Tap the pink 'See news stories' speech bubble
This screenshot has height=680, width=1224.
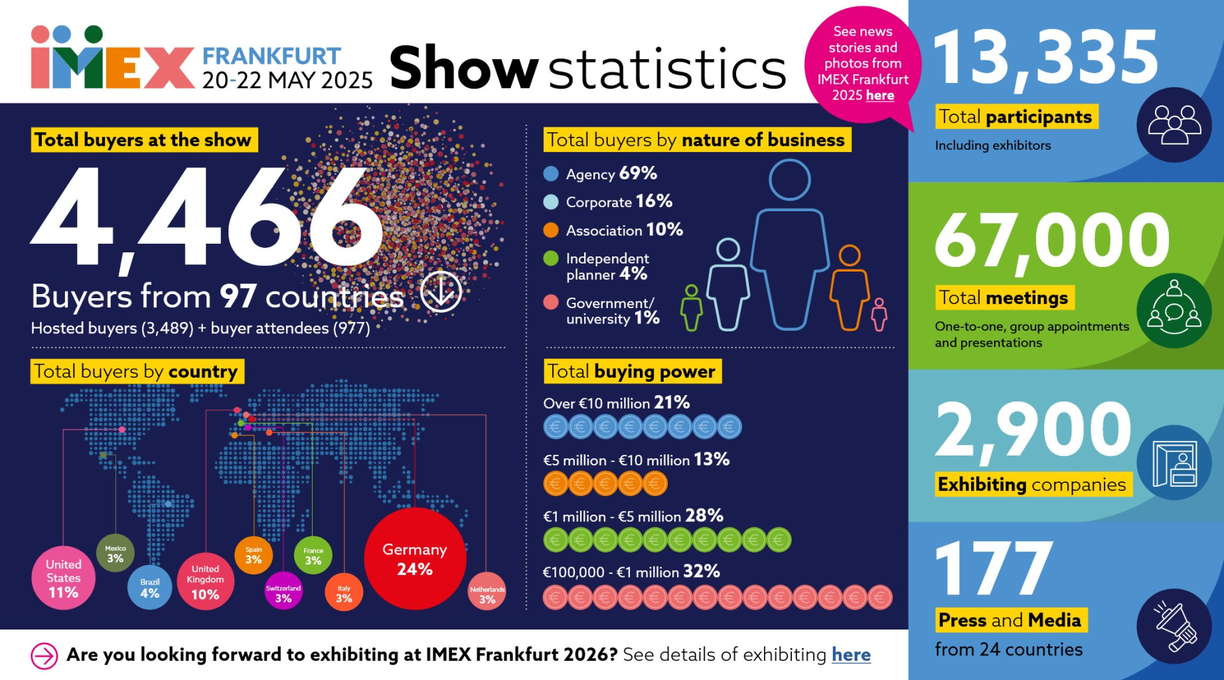[x=862, y=64]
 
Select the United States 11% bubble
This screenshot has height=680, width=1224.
[x=63, y=578]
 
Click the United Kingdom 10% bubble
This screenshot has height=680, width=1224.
[x=205, y=582]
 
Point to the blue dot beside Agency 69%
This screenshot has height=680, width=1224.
[x=551, y=174]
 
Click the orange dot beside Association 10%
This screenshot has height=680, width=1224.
[x=551, y=230]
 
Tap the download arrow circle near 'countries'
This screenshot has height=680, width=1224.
[x=441, y=291]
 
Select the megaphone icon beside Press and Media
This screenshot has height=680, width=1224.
[x=1174, y=626]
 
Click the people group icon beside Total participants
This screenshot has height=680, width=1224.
[x=1174, y=125]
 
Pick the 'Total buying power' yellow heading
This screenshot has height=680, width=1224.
[x=632, y=371]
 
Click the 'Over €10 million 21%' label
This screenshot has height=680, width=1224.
[x=616, y=403]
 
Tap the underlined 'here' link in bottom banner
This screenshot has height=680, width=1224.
[x=851, y=655]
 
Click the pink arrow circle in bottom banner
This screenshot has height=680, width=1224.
[x=44, y=656]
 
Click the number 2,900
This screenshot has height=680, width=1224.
[x=1033, y=430]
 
